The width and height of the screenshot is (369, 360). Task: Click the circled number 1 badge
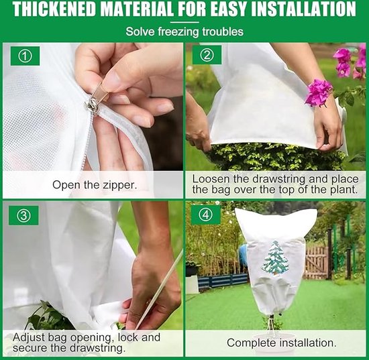click(x=25, y=56)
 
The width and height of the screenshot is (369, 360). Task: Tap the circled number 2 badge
click(x=207, y=55)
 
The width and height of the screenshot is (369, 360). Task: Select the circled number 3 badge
click(x=23, y=215)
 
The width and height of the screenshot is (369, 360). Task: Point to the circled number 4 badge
click(x=206, y=215)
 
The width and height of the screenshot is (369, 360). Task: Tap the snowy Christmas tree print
click(x=276, y=258)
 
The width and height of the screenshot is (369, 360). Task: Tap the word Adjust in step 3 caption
click(x=29, y=337)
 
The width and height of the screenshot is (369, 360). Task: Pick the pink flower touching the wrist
click(x=319, y=93)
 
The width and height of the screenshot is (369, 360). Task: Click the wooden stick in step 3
click(x=159, y=290)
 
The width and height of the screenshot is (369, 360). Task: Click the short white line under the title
click(x=184, y=23)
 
